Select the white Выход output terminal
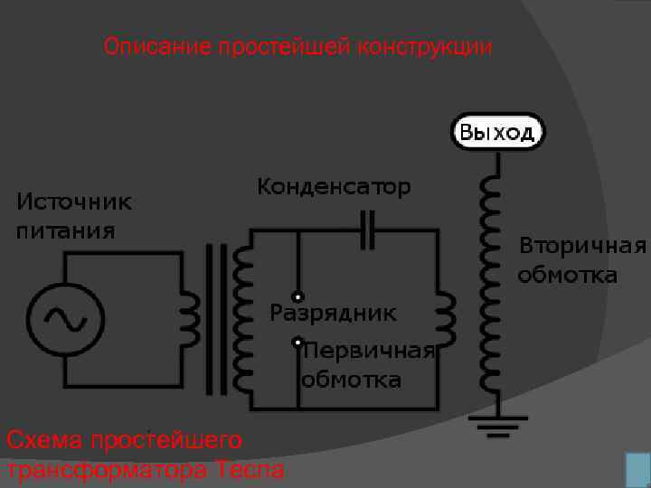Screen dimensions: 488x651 click(497, 133)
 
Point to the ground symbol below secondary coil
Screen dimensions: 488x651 click(497, 424)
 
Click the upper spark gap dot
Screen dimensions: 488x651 click(297, 296)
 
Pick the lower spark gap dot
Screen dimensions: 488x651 click(297, 343)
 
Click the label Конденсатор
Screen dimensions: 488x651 click(334, 187)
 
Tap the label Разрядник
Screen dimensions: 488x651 click(333, 314)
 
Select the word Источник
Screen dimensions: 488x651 click(74, 202)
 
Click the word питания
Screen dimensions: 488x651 click(66, 230)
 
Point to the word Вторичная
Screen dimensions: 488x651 click(582, 247)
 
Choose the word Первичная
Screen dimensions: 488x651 click(370, 351)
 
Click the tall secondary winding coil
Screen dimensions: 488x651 click(491, 280)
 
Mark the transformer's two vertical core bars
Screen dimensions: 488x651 click(217, 319)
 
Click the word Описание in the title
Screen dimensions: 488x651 click(157, 46)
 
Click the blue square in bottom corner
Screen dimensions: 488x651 click(637, 471)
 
